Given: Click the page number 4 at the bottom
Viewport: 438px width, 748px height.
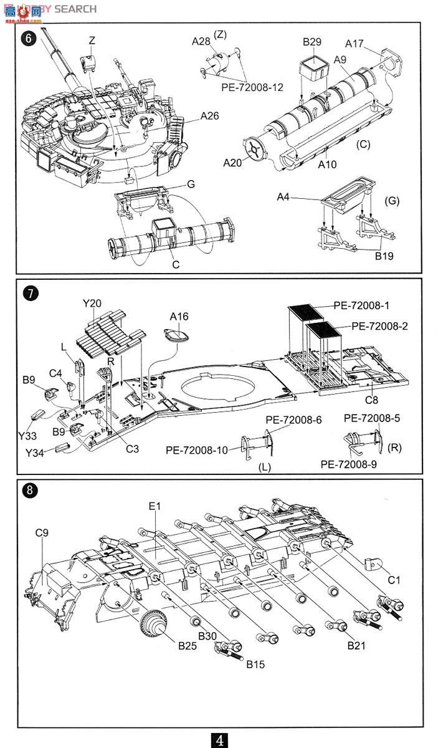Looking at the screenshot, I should pyautogui.click(x=219, y=740).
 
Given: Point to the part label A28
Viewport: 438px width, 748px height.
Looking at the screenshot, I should pyautogui.click(x=201, y=41).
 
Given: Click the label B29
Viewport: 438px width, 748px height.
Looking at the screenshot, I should pyautogui.click(x=312, y=42).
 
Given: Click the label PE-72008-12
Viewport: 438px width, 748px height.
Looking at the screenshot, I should pyautogui.click(x=252, y=87).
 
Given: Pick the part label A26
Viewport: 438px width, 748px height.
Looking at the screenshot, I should pyautogui.click(x=211, y=116).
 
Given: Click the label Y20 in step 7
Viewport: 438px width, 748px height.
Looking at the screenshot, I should pyautogui.click(x=92, y=304).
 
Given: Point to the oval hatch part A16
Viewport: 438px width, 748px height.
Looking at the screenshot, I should pyautogui.click(x=178, y=335).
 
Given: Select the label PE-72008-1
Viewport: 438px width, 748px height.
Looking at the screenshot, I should pyautogui.click(x=361, y=305).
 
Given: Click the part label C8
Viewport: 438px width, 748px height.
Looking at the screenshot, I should pyautogui.click(x=372, y=400).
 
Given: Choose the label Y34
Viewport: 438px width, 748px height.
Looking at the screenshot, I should pyautogui.click(x=35, y=453).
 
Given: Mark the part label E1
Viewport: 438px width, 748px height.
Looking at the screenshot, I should pyautogui.click(x=155, y=506).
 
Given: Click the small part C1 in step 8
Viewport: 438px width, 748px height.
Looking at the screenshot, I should pyautogui.click(x=373, y=563).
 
